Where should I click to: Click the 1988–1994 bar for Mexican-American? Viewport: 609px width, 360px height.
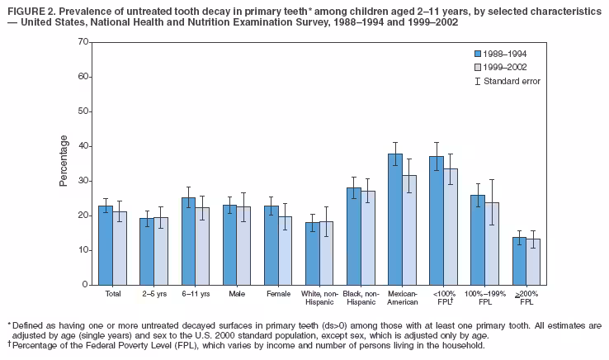coord(395,220)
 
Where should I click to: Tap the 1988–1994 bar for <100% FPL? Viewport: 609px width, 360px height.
coord(437,220)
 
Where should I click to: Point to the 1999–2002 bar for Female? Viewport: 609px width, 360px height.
coord(285,250)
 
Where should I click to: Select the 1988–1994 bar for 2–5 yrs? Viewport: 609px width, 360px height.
coord(147,252)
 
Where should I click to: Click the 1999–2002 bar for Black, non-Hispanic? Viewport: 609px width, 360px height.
coord(367,238)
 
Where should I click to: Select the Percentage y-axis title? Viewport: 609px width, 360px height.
coord(64,163)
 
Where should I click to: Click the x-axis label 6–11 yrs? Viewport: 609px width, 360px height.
coord(196,293)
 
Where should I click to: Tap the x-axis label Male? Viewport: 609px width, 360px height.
coord(236,293)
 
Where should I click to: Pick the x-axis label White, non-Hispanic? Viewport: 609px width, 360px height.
coord(319,297)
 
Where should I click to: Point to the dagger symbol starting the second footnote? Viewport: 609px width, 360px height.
coord(8,345)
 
